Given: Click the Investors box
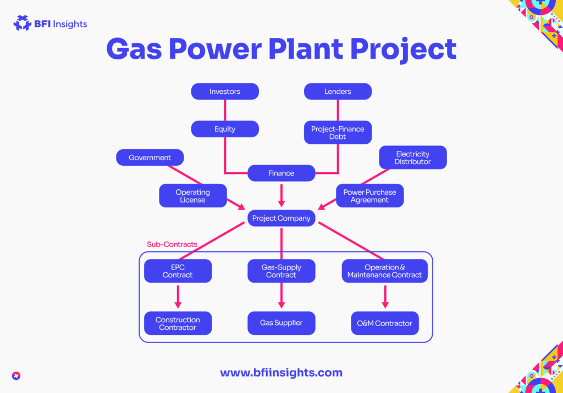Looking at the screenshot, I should click(225, 92).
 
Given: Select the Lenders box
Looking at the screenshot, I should click(338, 92).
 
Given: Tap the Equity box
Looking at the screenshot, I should click(225, 129).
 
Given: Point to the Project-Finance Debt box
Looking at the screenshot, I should click(338, 132).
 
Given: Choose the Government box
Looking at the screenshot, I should click(150, 158).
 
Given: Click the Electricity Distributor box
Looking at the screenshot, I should click(412, 158).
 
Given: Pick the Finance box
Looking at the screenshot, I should click(281, 173).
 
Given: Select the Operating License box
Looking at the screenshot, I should click(192, 196).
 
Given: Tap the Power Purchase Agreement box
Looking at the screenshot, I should click(369, 196).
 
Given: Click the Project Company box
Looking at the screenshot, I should click(281, 218).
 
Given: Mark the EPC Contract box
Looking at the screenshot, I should click(178, 271).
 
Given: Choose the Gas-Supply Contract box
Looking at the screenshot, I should click(281, 271).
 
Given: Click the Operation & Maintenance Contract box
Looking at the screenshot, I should click(384, 271).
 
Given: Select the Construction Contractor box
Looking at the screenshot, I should click(178, 323).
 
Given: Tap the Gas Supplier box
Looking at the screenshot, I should click(281, 323).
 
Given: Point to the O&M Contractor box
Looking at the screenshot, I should click(384, 323).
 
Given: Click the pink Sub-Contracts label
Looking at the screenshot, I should click(172, 244).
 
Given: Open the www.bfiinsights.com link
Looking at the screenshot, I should click(281, 373).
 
